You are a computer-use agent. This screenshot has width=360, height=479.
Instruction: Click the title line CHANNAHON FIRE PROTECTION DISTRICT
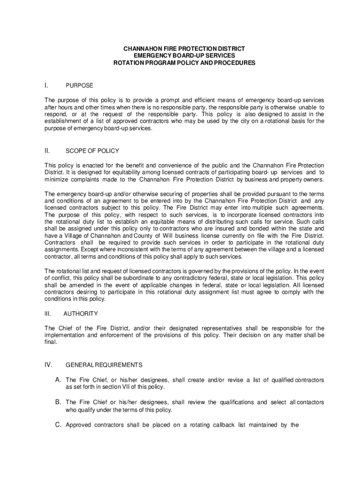click(x=184, y=49)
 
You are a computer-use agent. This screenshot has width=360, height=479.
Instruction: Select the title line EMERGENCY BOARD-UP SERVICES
click(x=184, y=56)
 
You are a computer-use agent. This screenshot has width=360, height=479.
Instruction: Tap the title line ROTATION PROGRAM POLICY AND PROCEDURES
click(x=184, y=63)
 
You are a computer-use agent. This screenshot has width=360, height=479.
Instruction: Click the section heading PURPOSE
click(x=79, y=86)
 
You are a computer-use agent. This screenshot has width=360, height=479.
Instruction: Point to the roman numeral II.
click(x=47, y=151)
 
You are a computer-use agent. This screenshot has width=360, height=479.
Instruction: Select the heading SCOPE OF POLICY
click(x=93, y=151)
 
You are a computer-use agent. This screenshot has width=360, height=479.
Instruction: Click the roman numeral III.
click(x=48, y=313)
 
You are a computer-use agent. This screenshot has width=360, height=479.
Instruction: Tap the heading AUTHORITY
click(x=80, y=313)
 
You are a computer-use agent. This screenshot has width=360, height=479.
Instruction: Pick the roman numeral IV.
click(x=48, y=364)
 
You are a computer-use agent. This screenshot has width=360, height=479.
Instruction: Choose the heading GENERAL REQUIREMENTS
click(x=104, y=364)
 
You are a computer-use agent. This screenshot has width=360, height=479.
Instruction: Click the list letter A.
click(x=58, y=380)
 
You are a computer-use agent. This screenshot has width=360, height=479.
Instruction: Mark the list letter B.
click(x=58, y=402)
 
